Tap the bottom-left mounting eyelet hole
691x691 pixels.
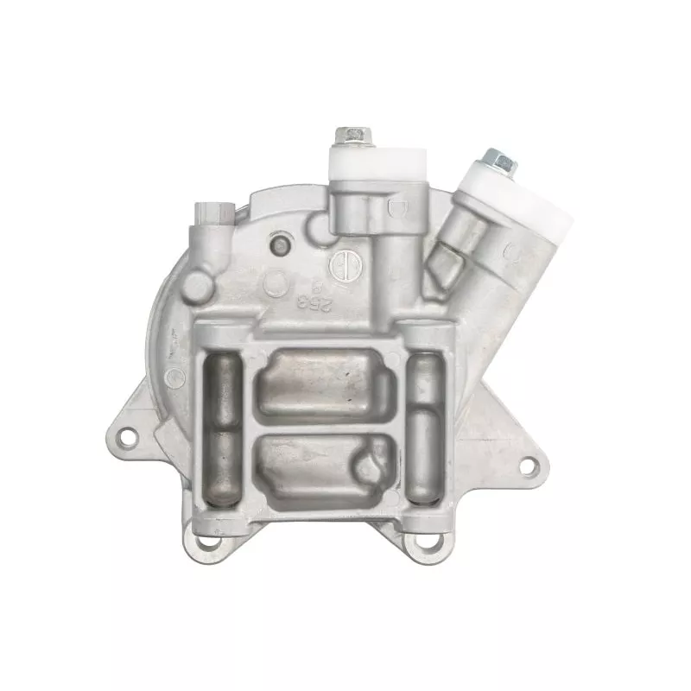tap(205, 544)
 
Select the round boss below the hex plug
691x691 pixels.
tap(197, 285)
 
